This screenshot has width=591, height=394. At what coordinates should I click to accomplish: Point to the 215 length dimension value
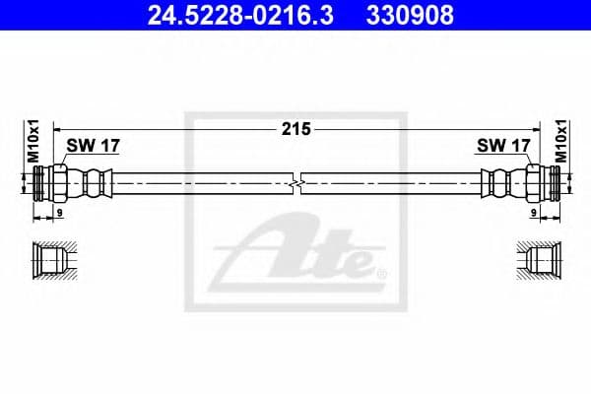296,128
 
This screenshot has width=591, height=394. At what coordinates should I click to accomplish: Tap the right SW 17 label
503,147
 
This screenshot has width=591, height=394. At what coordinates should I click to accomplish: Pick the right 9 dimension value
533,211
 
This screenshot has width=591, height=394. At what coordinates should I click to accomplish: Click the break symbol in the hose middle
296,183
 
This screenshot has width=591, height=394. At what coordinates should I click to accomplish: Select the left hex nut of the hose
58,183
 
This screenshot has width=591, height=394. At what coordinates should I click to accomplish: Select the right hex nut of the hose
534,183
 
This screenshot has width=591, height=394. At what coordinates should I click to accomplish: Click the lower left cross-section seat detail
51,259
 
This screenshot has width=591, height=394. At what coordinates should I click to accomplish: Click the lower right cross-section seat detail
541,259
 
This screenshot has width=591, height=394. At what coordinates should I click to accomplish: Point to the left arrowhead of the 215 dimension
56,128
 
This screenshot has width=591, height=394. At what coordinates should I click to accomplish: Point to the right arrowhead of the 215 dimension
537,128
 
